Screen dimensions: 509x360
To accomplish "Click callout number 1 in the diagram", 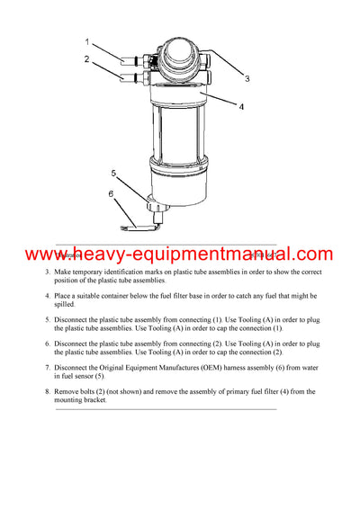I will click(87, 42).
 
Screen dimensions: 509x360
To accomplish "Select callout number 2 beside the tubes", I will click(87, 59).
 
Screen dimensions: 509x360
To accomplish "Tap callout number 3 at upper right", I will click(247, 79).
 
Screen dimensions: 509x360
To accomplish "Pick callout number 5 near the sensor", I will click(113, 172).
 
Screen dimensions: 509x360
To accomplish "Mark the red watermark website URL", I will click(179, 254).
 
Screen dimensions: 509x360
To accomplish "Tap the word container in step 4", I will click(119, 295).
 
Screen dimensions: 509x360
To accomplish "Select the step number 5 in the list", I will click(48, 319).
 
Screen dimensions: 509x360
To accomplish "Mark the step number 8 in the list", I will click(48, 391).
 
